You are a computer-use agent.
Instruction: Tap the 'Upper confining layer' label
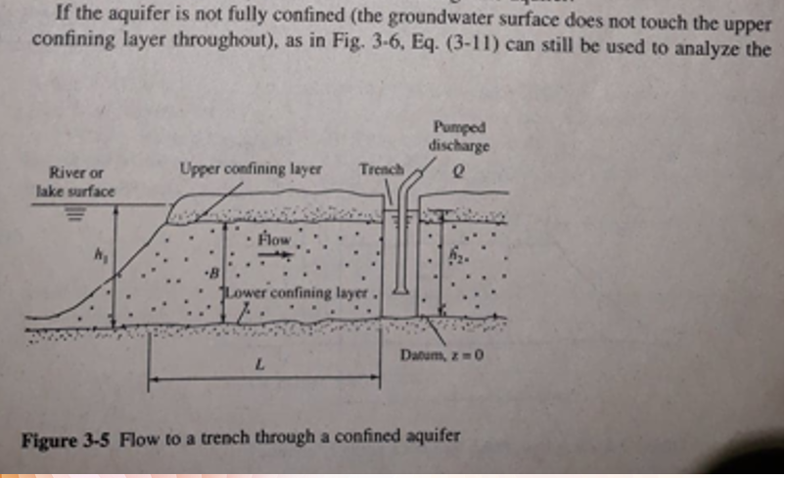[252, 169]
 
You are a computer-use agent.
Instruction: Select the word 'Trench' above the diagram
[381, 169]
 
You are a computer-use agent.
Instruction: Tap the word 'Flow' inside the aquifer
[276, 239]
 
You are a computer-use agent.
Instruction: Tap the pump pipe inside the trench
[402, 244]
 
